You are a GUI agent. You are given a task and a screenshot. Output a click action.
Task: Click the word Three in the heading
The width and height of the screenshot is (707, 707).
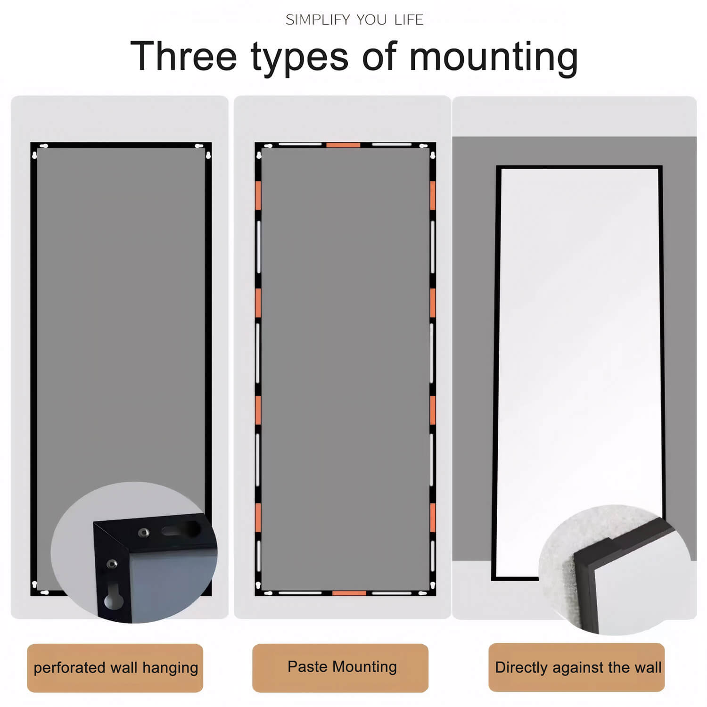(183, 57)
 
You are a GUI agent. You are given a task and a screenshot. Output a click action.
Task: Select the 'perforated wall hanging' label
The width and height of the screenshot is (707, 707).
(115, 668)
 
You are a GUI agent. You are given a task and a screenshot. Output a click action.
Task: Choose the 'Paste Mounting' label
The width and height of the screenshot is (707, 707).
(342, 667)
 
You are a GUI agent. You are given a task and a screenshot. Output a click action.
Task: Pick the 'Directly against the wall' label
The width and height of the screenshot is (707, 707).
(577, 667)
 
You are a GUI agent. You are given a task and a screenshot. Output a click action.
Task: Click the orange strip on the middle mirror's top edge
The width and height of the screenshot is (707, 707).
(343, 145)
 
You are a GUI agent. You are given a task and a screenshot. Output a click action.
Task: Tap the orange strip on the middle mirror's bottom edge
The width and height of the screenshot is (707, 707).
(349, 593)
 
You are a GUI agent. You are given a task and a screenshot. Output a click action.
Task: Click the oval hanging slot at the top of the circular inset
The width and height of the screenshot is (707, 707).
(181, 530)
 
